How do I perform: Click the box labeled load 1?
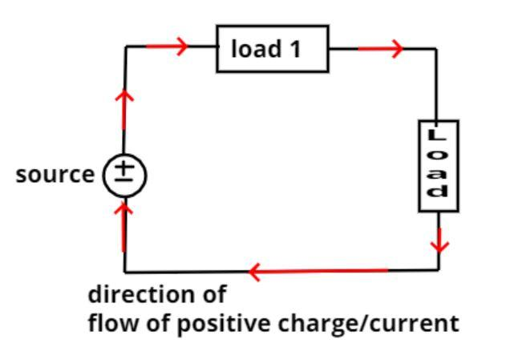pos(273,49)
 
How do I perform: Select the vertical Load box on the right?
pos(439,166)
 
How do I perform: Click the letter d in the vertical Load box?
pos(439,191)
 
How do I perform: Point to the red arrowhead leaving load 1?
pos(395,49)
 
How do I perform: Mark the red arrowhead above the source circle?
pos(125,97)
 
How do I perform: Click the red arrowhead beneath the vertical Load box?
pos(439,241)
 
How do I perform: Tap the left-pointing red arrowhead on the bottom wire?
pos(256,272)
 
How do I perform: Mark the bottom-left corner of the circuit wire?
pos(125,271)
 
